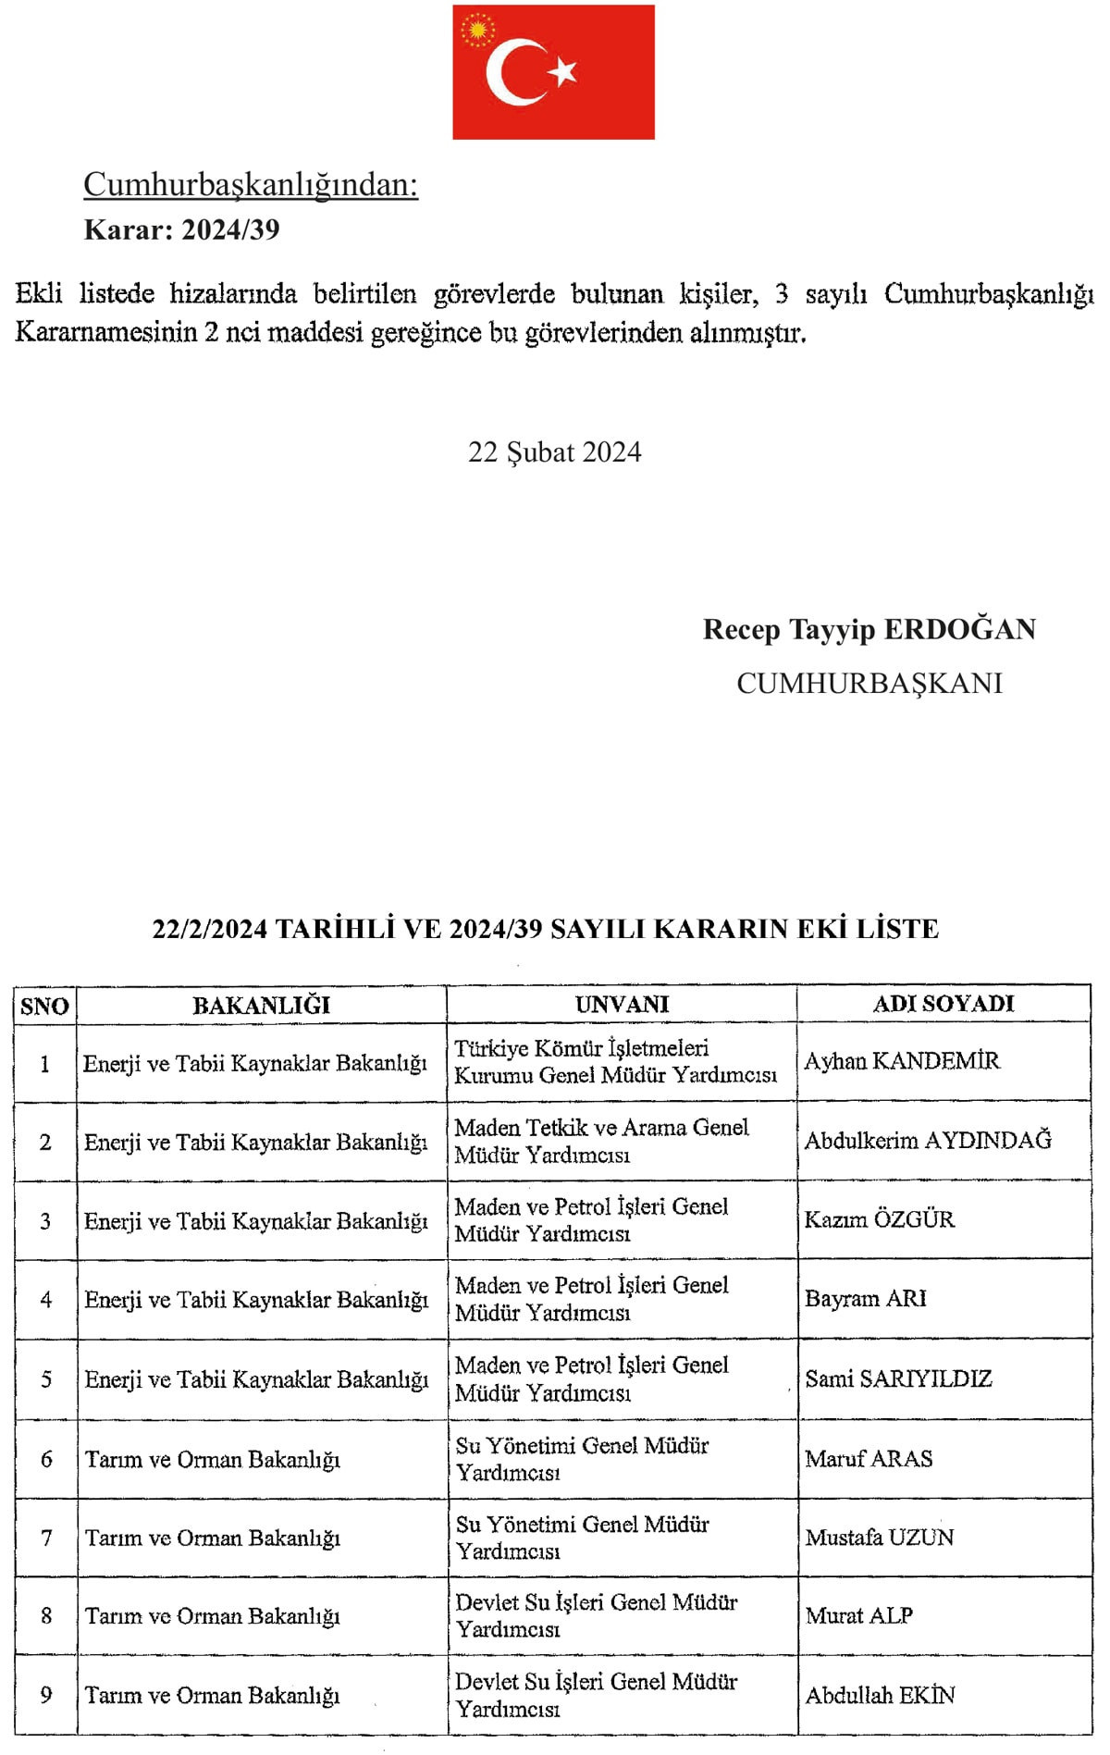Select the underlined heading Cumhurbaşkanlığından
coord(251,184)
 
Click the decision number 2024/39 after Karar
coord(230,229)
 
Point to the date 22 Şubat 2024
coord(554,451)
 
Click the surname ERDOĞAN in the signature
coord(960,629)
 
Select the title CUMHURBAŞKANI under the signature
coord(869,683)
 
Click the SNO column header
coord(44,1006)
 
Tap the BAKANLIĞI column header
coord(261,1005)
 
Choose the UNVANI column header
coord(622,1004)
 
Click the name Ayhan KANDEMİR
coord(902,1060)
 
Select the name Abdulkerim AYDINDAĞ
coord(928,1140)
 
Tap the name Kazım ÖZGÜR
coord(879,1219)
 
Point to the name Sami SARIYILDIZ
coord(898,1378)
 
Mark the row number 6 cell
coord(46,1459)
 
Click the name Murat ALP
coord(858,1615)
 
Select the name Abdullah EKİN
coord(880,1695)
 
